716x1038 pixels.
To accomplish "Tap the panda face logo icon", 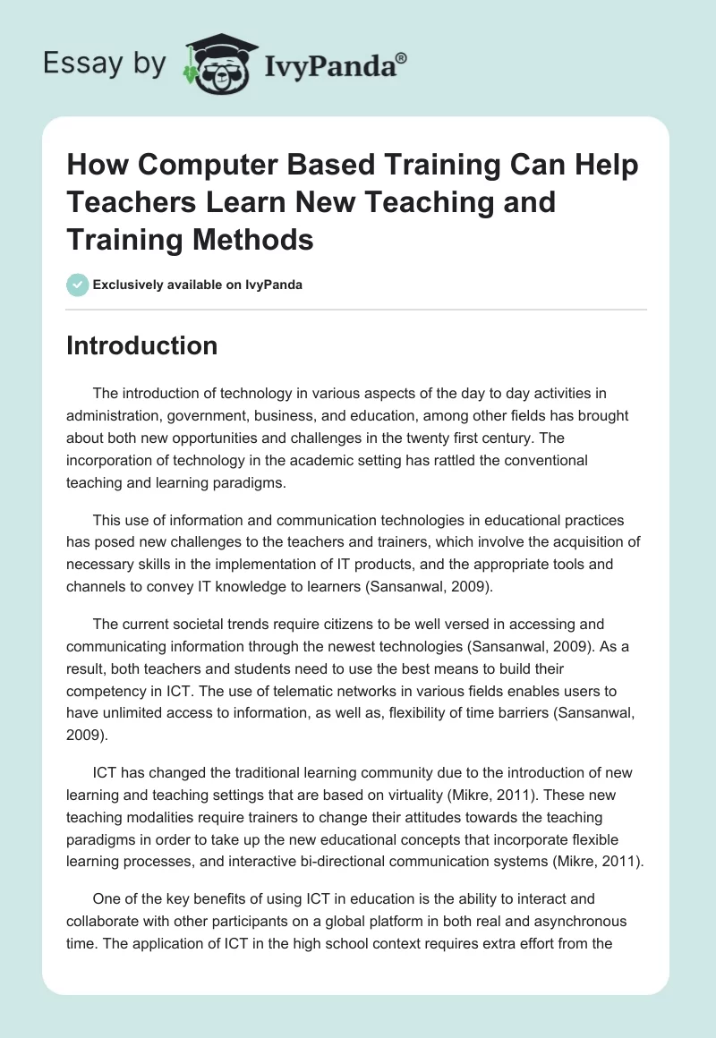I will pos(217,64).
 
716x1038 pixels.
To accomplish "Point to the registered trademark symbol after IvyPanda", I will pos(403,56).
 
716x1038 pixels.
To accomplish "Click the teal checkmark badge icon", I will pos(77,285).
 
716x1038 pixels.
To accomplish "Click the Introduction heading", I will pos(141,345).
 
